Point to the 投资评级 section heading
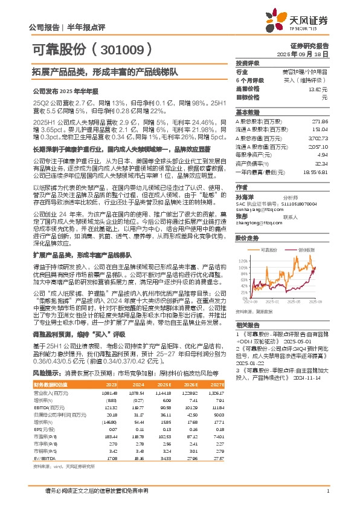click(x=248, y=63)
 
